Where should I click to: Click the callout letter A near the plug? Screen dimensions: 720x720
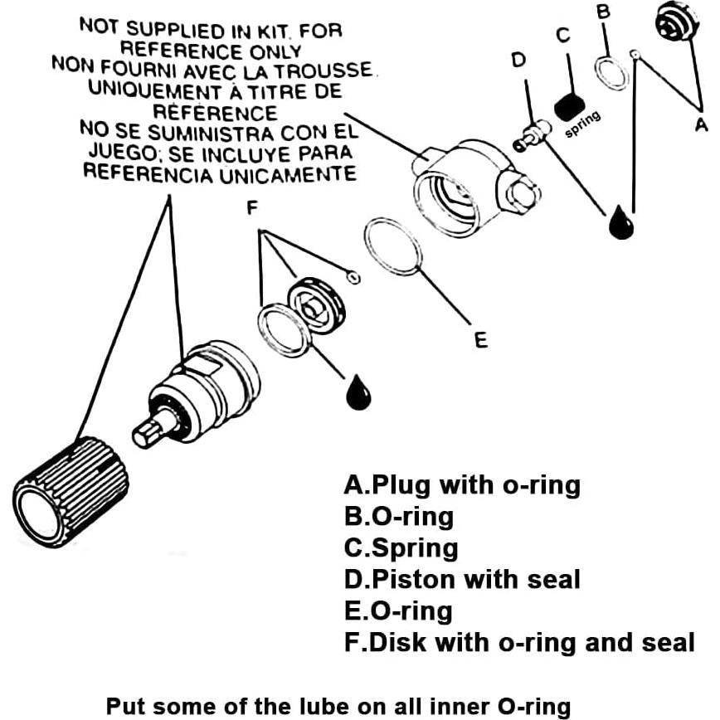tap(701, 124)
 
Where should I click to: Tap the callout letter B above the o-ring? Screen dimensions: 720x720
tap(604, 12)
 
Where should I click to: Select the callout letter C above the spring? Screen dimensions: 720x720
tap(563, 35)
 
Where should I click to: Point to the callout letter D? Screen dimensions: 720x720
tap(519, 61)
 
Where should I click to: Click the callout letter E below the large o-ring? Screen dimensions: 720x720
tap(481, 339)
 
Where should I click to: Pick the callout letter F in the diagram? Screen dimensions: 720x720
tap(252, 207)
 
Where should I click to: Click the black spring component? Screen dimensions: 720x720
tap(569, 106)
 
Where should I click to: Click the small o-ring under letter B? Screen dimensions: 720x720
tap(612, 73)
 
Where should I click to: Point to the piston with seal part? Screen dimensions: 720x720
tap(532, 134)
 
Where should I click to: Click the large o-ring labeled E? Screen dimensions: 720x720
tap(392, 246)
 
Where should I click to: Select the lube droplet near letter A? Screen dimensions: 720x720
tap(620, 222)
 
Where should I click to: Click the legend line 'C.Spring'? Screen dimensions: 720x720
tap(401, 548)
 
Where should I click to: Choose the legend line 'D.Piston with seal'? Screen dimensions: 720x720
tap(462, 579)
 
